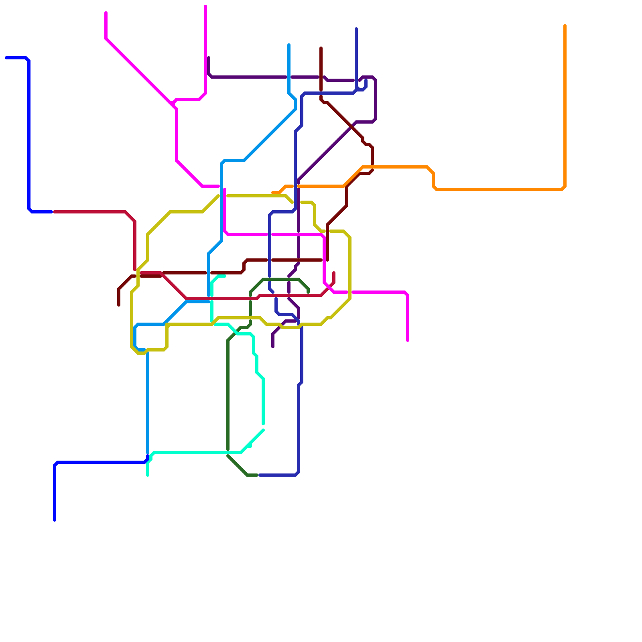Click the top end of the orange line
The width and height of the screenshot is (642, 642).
[565, 26]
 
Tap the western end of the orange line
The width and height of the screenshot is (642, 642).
[273, 193]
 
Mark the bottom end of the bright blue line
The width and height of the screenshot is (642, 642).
[55, 520]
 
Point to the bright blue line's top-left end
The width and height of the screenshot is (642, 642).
[6, 58]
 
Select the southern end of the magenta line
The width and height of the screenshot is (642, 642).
[408, 341]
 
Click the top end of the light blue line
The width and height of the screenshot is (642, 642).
[289, 45]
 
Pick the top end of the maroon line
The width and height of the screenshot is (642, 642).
[321, 48]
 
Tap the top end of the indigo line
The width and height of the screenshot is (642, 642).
[356, 29]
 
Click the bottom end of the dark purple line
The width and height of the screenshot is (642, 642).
[273, 347]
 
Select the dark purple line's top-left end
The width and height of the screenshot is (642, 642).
[209, 58]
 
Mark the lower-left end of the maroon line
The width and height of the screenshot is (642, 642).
[119, 305]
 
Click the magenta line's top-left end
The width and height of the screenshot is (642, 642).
[106, 13]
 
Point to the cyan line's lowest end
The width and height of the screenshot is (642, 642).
[148, 475]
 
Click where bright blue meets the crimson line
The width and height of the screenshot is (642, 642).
[53, 212]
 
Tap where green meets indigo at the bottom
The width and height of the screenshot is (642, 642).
[258, 475]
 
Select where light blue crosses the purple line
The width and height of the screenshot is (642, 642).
[289, 77]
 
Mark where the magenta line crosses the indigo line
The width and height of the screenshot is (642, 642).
[270, 234]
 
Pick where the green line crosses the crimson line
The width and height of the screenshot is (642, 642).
[250, 298]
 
